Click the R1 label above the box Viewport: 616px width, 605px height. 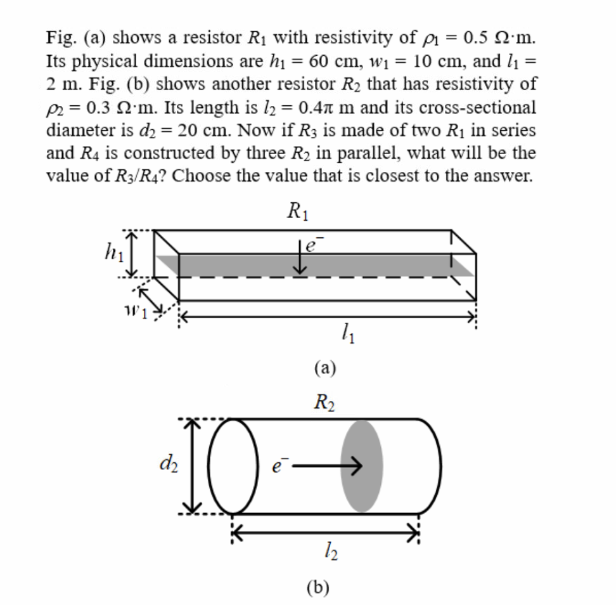[x=298, y=209]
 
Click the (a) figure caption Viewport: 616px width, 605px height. [x=324, y=368]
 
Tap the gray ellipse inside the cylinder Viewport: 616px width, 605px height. [x=362, y=465]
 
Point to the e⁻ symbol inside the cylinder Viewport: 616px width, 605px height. [x=277, y=467]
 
